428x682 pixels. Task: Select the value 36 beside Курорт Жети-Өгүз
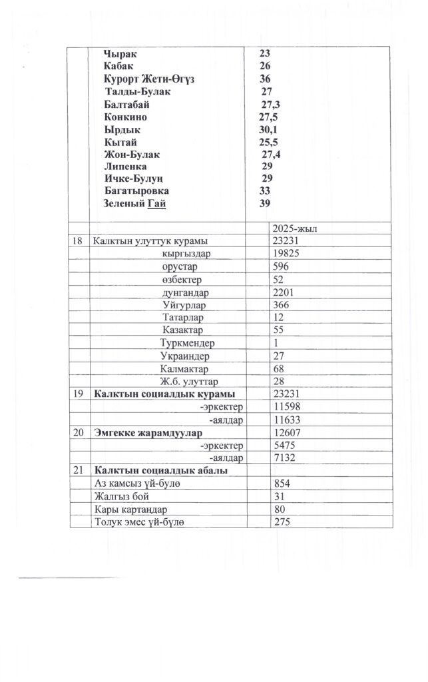pos(265,79)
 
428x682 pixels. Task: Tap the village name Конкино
pos(126,117)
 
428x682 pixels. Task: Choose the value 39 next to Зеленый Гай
pos(264,203)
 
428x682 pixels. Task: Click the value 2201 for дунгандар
pos(284,292)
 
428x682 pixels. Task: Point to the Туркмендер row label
pos(189,342)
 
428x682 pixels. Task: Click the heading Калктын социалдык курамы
pos(164,394)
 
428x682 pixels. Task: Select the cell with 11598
pos(286,406)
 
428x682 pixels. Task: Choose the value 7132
pos(284,458)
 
